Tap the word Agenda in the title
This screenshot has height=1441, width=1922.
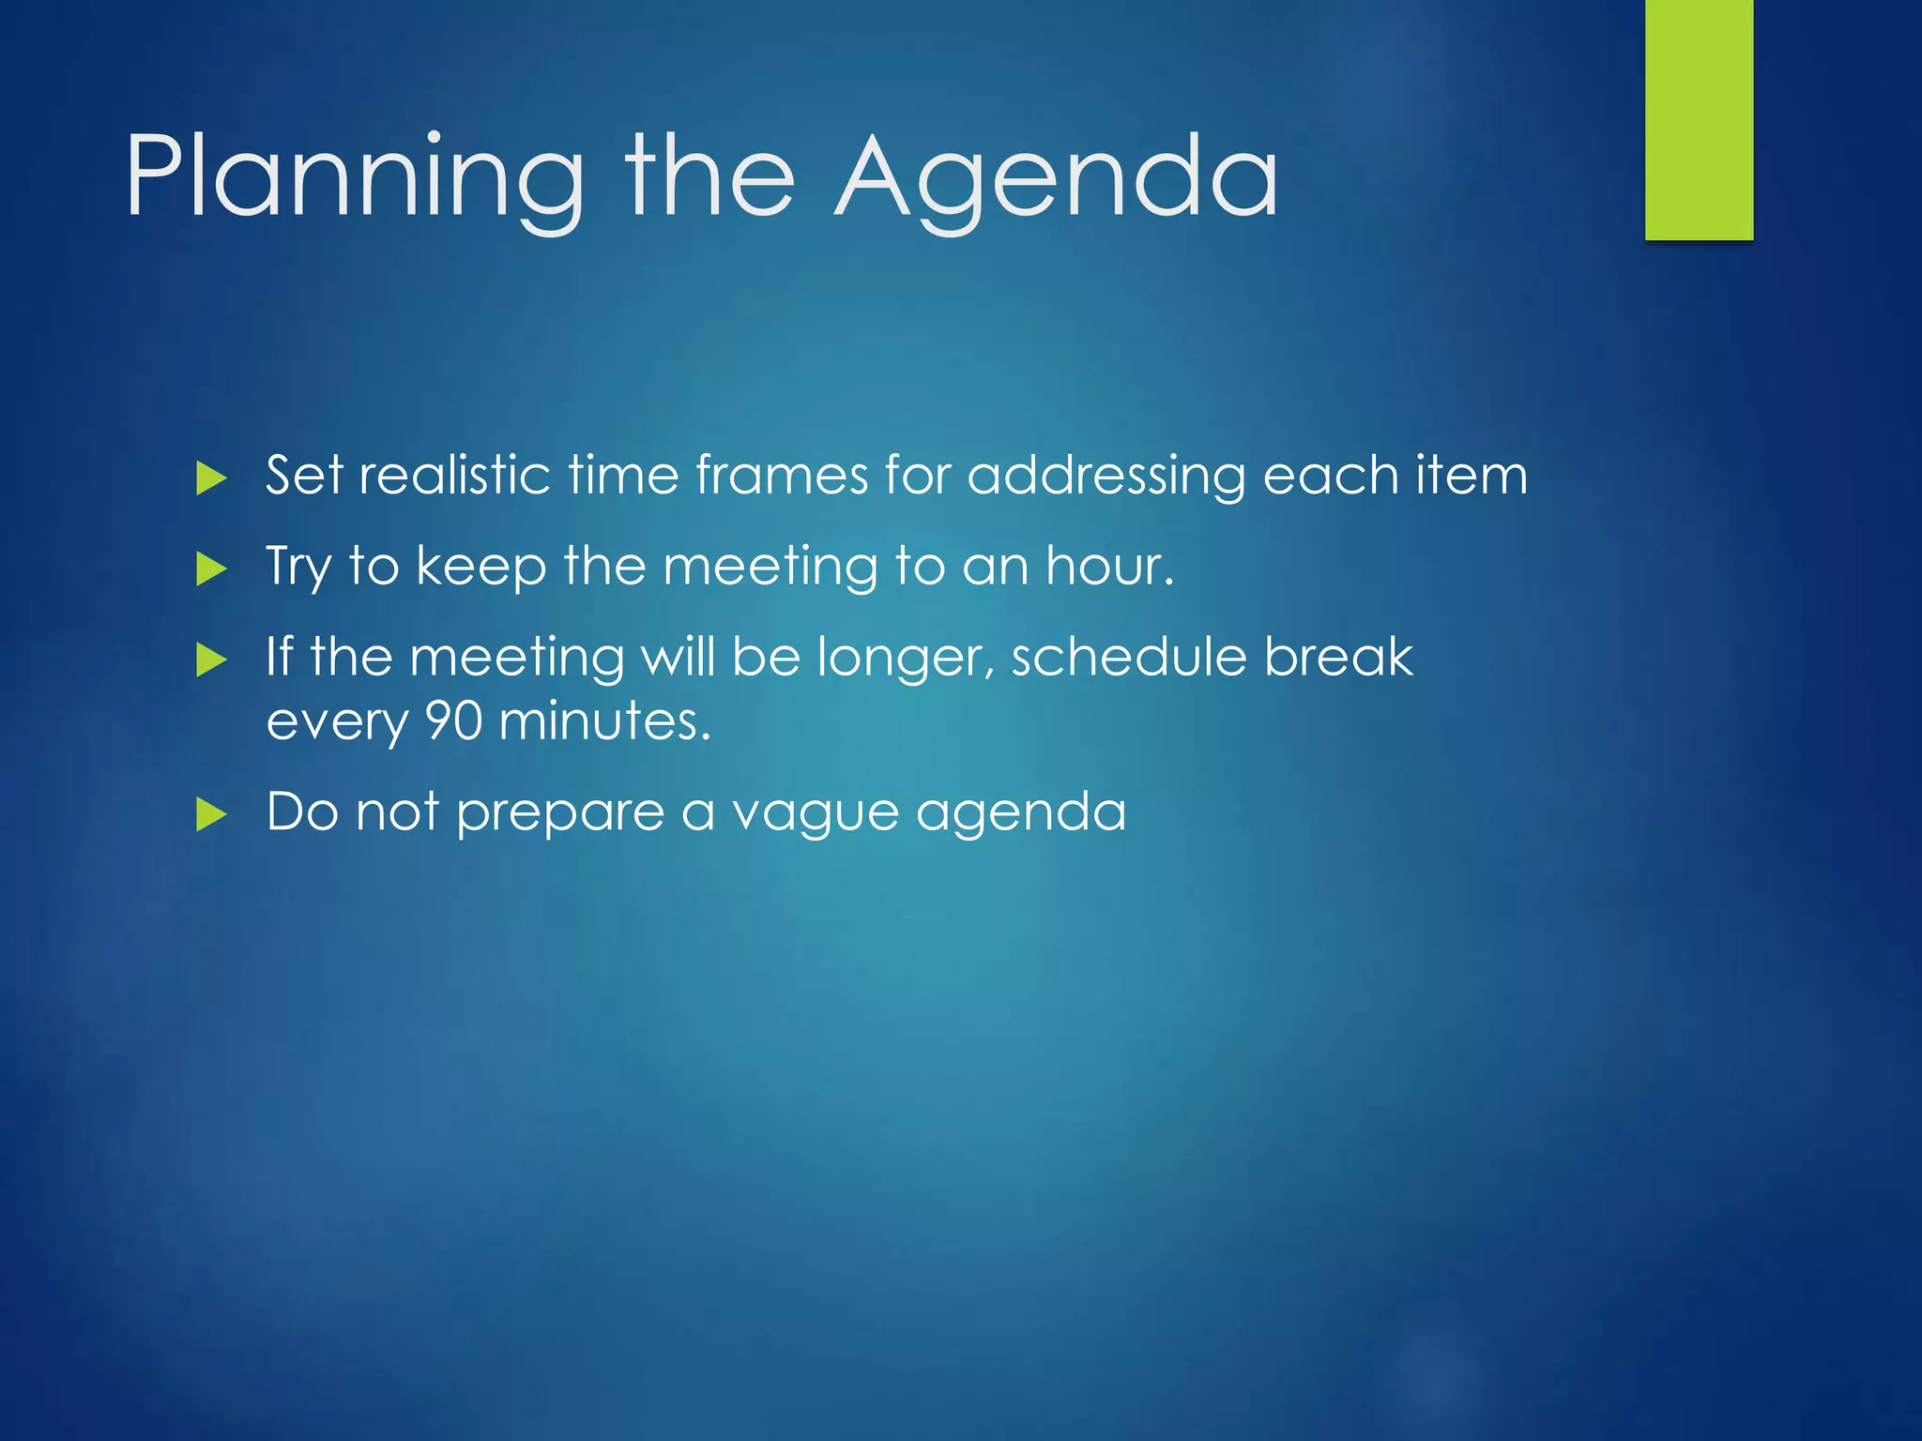tap(1056, 178)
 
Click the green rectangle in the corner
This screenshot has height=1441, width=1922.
tap(1699, 119)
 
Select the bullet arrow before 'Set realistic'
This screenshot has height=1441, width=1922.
tap(212, 479)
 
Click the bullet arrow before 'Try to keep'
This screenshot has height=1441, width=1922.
tap(212, 569)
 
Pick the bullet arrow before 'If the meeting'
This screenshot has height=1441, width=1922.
tap(212, 660)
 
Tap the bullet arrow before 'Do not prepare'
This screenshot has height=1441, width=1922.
tap(212, 814)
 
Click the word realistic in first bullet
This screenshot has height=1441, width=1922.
tap(454, 475)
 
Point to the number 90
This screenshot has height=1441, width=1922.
tap(453, 721)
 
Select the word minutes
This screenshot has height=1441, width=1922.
tap(604, 721)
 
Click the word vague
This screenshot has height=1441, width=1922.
tap(815, 813)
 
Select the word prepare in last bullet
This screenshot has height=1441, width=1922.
tap(559, 813)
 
